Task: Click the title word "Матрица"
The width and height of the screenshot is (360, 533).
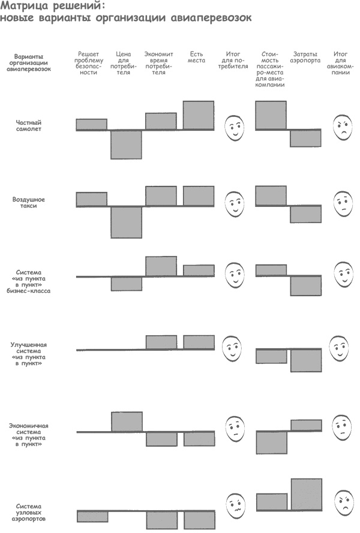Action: point(22,6)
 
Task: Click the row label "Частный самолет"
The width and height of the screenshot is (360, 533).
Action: point(29,126)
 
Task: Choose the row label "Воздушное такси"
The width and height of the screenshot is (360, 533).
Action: point(29,203)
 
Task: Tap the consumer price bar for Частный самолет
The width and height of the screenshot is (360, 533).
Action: point(126,144)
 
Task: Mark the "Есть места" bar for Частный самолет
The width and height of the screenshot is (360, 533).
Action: point(199,115)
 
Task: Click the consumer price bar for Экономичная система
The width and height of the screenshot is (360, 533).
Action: point(127,421)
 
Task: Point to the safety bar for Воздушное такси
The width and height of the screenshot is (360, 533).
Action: point(91,199)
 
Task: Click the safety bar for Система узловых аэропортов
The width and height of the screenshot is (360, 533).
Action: point(92,516)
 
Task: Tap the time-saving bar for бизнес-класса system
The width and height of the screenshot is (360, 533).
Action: point(161,266)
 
